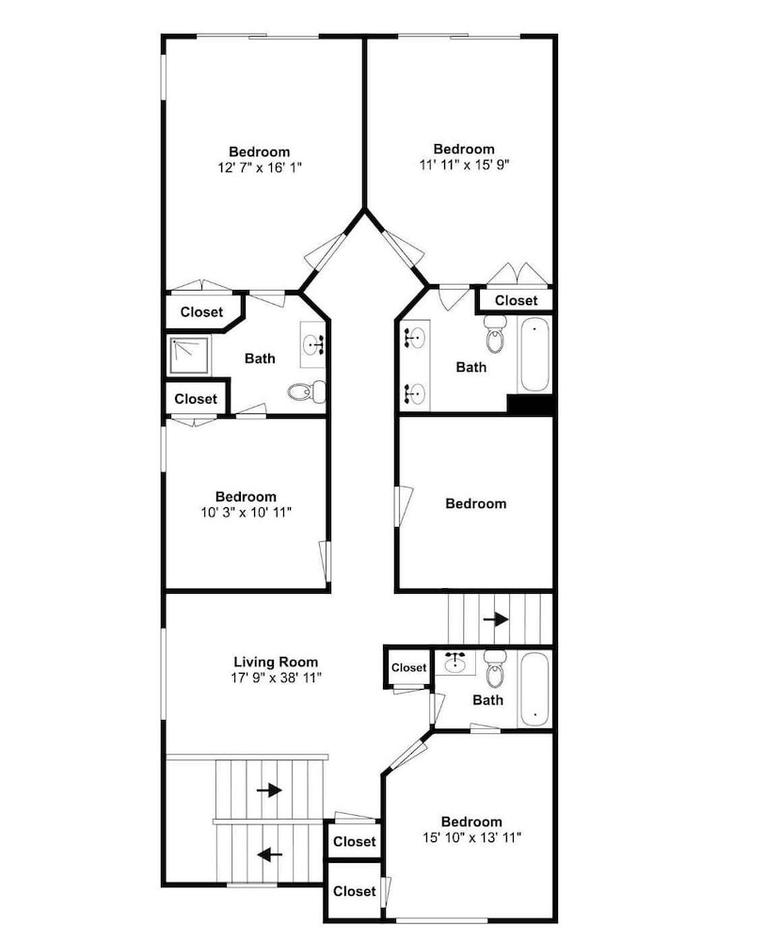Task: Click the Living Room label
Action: (x=276, y=662)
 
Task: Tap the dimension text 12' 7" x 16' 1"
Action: (x=259, y=167)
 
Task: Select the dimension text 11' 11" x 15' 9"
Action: (x=465, y=165)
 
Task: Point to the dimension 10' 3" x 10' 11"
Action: (x=246, y=513)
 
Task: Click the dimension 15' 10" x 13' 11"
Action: (x=471, y=837)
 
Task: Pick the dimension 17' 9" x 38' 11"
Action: (x=276, y=678)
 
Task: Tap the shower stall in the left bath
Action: (x=189, y=356)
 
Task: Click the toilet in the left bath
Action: (x=306, y=392)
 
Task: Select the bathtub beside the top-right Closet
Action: (x=534, y=355)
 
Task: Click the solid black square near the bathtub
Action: (x=529, y=404)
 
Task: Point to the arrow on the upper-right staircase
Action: (x=496, y=619)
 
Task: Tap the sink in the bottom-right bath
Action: (x=455, y=662)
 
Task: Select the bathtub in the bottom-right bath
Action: (x=534, y=689)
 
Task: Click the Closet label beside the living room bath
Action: (x=408, y=667)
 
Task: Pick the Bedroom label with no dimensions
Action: (x=476, y=503)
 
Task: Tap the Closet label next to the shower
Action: (x=196, y=398)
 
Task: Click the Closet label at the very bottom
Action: (x=355, y=891)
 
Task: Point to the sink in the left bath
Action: (x=313, y=343)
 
